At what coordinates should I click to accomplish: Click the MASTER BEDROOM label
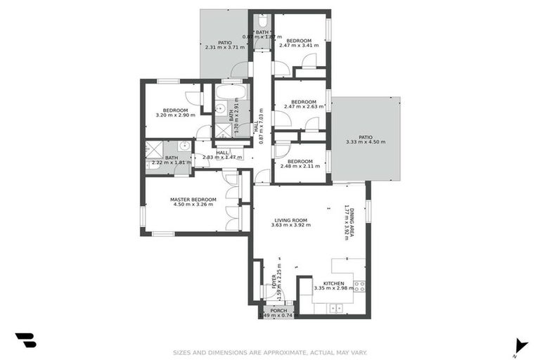[193, 199]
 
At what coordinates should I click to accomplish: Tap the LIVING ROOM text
[290, 220]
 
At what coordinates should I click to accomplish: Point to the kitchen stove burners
[359, 286]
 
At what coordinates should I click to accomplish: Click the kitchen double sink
[335, 307]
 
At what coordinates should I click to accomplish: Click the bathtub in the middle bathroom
[231, 92]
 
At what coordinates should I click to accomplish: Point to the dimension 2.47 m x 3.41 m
[298, 46]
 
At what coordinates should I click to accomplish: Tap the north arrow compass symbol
[520, 345]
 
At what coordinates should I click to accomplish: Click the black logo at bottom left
[25, 340]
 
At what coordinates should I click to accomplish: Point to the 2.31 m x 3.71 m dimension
[224, 48]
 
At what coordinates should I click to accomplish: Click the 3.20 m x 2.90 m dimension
[175, 115]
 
